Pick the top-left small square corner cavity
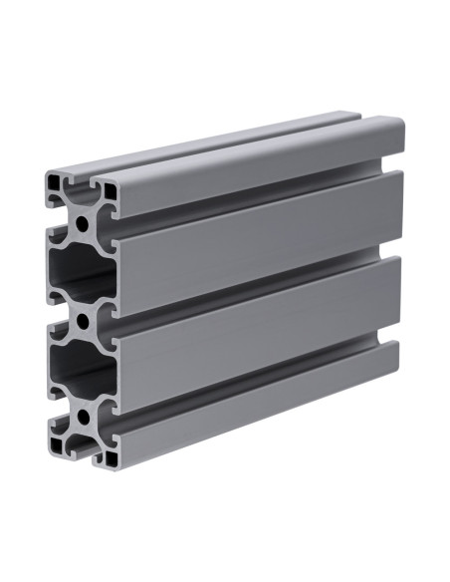tap(53, 186)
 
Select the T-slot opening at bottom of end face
tap(80, 449)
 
